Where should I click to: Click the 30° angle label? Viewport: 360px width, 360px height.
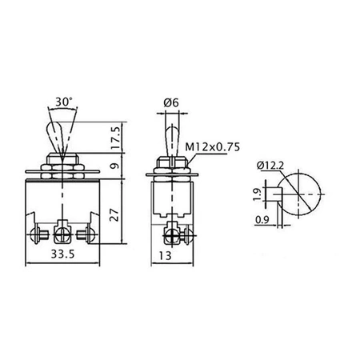64,102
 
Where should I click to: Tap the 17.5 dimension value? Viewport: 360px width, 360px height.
115,138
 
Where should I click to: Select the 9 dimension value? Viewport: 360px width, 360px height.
115,166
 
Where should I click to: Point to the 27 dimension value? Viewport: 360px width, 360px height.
114,214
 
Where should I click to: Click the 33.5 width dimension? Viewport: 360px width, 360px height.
62,254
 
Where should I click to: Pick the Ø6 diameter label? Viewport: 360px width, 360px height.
171,102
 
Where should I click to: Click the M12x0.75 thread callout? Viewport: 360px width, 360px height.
213,147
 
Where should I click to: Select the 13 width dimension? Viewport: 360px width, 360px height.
165,256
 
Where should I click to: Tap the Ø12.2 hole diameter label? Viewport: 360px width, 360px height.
270,166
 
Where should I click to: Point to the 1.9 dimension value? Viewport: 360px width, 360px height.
257,194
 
